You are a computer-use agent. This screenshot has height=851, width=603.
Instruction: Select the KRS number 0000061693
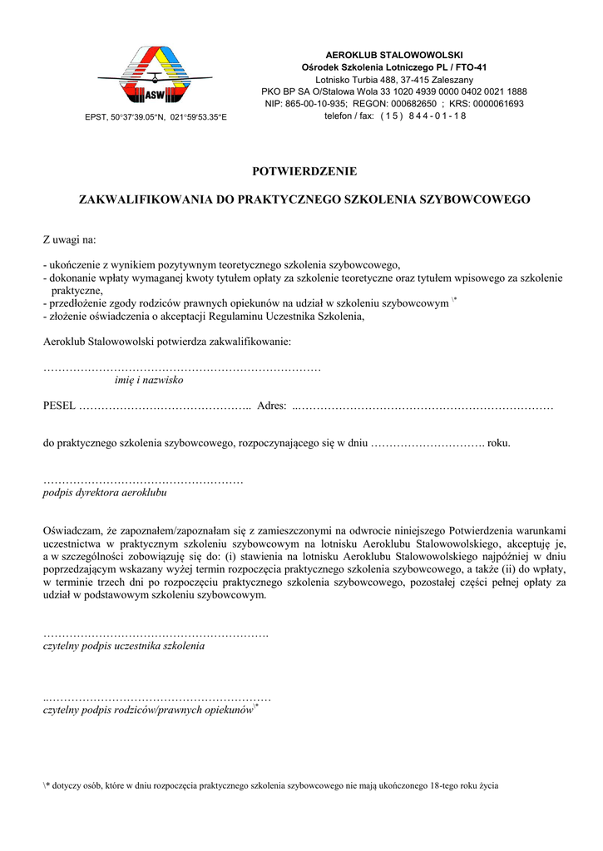click(x=498, y=104)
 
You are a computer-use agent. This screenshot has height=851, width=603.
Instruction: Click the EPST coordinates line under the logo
click(x=156, y=117)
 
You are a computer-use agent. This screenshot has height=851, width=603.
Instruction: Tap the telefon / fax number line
click(x=395, y=116)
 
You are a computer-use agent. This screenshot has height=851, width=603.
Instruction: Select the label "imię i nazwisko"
click(x=149, y=380)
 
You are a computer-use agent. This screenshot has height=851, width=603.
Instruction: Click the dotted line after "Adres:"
click(x=423, y=406)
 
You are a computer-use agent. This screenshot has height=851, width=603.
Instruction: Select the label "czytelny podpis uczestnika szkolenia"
click(x=123, y=645)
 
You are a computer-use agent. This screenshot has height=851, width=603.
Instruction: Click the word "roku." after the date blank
click(x=498, y=443)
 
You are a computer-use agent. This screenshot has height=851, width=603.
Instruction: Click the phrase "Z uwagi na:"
click(x=70, y=240)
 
